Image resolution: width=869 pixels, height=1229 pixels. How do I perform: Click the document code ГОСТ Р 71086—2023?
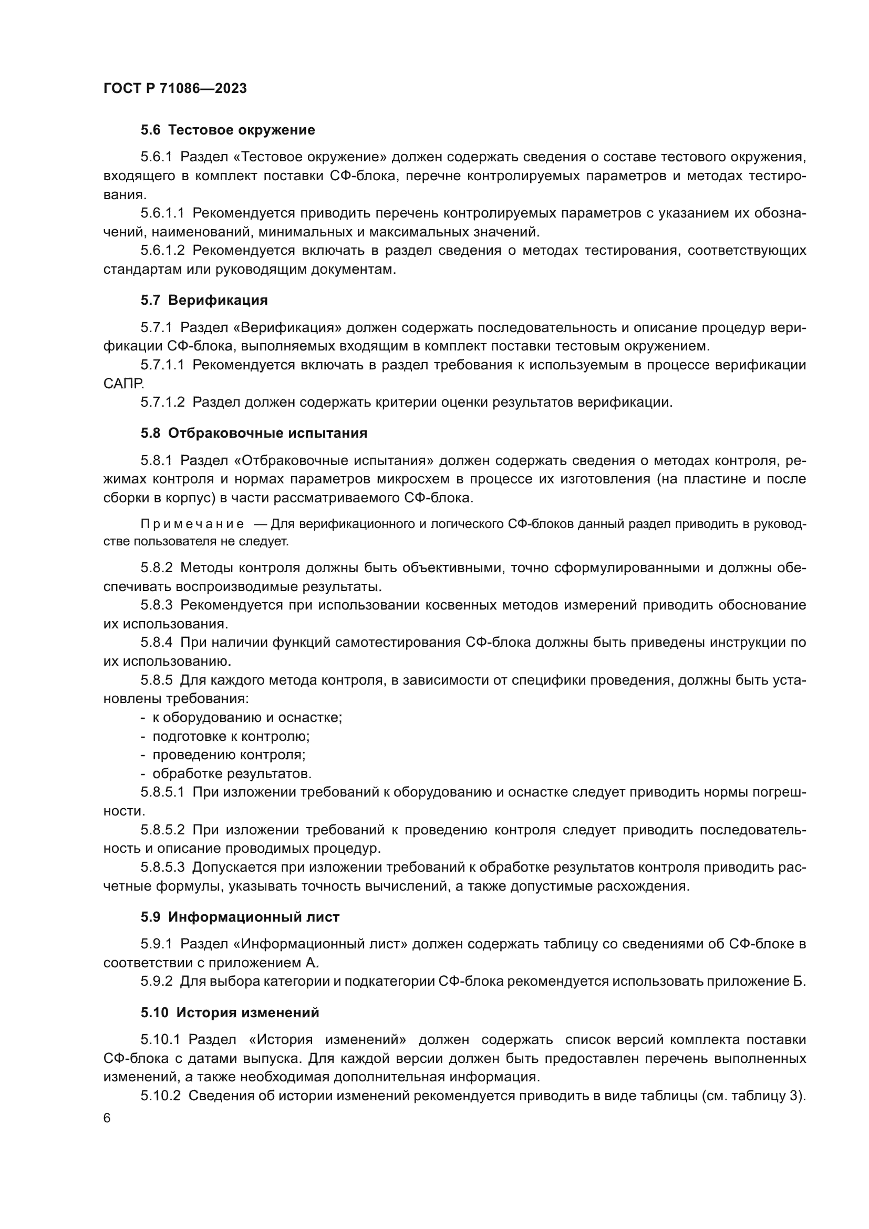(x=175, y=89)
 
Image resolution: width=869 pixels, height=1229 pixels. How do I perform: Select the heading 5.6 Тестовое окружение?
(x=227, y=130)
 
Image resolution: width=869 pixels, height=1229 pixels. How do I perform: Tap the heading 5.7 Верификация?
(x=204, y=301)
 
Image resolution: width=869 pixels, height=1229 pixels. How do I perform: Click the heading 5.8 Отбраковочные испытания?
(x=254, y=433)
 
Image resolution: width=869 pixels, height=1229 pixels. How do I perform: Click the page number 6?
(x=107, y=1119)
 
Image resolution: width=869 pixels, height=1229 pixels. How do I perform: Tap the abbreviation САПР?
(x=123, y=383)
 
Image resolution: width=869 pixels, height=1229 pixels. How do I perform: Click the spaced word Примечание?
(x=192, y=524)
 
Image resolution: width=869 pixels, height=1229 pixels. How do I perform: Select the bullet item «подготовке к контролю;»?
(x=231, y=736)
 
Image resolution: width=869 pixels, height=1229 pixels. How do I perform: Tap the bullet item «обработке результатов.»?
(x=232, y=773)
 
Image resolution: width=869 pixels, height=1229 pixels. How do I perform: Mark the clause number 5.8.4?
(x=156, y=642)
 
